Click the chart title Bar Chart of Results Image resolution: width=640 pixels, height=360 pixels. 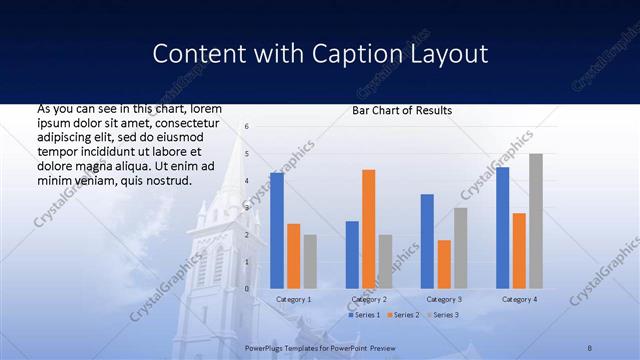pos(402,110)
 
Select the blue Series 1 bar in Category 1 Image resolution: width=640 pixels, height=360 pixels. pos(277,230)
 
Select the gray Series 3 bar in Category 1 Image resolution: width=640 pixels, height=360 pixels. pos(310,261)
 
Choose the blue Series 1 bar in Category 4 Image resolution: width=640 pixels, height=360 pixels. pos(502,227)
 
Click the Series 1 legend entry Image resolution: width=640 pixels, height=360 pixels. pos(363,315)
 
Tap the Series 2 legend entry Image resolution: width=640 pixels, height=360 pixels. pos(403,315)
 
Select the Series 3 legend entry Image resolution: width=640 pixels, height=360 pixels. pos(443,315)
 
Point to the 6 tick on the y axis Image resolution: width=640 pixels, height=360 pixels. pos(247,126)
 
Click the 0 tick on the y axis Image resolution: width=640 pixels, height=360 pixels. pos(247,288)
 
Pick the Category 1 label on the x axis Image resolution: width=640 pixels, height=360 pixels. pos(293,299)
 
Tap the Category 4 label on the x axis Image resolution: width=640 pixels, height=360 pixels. pos(519,299)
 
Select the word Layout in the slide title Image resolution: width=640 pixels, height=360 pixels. pos(447,54)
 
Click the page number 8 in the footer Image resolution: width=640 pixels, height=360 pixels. pos(590,347)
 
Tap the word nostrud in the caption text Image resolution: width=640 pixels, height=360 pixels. pos(165,180)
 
